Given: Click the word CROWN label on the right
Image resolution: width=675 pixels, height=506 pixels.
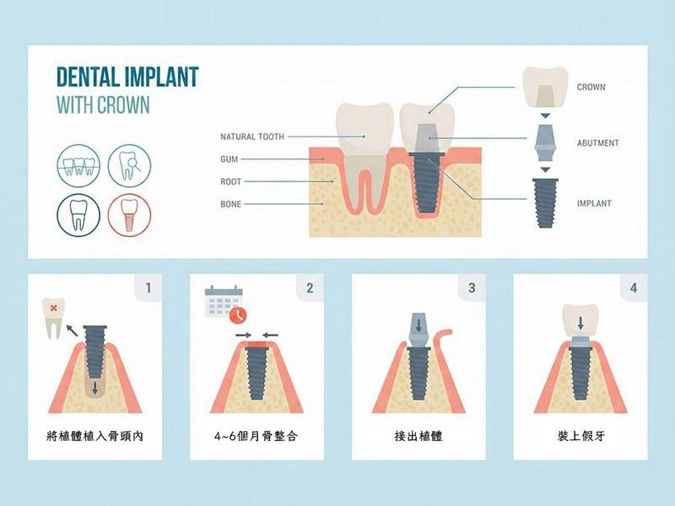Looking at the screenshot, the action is click(x=591, y=87).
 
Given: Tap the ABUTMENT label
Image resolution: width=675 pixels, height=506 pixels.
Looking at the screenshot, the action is click(x=597, y=143).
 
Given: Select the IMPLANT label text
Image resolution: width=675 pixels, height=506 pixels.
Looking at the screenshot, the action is click(x=594, y=203).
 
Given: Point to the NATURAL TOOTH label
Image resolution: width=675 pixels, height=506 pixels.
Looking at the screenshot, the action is click(x=252, y=137).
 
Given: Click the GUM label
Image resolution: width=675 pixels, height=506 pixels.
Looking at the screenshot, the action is click(x=229, y=159).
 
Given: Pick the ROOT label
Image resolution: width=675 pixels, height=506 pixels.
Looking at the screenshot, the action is click(x=230, y=181).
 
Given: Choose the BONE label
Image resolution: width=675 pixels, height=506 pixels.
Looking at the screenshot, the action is click(x=230, y=204).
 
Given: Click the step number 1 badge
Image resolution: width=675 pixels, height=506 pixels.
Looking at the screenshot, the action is click(x=148, y=288).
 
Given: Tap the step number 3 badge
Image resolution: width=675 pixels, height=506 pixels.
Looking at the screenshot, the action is click(x=472, y=288).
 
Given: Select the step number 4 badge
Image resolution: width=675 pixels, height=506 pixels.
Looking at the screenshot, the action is click(x=634, y=288).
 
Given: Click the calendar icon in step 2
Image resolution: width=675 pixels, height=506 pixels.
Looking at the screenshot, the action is click(x=224, y=301).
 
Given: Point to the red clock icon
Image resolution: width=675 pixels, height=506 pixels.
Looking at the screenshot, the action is click(x=238, y=315).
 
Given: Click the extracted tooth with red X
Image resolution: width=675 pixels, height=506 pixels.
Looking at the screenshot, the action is click(x=53, y=318).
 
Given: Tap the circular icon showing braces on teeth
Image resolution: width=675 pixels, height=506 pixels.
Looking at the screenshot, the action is click(x=78, y=165).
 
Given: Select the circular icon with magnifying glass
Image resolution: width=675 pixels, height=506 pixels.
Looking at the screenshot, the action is click(x=130, y=165).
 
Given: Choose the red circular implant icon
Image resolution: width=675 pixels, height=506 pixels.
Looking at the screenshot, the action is click(x=130, y=215).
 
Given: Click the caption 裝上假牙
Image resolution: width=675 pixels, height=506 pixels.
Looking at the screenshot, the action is click(x=580, y=436).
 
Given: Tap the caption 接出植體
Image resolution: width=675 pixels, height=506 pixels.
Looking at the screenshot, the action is click(x=418, y=436).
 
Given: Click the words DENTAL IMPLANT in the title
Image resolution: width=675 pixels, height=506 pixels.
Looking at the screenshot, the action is click(x=127, y=77).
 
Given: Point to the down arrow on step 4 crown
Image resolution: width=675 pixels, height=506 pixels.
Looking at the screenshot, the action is click(x=580, y=323).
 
